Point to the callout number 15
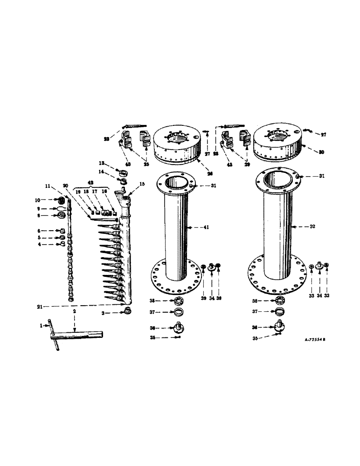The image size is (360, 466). coord(142,184)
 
